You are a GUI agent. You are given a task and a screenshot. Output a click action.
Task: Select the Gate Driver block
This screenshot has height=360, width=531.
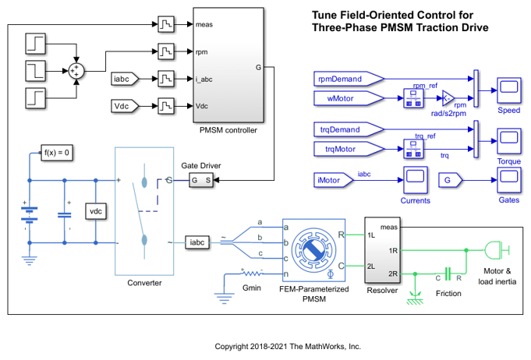click(202, 181)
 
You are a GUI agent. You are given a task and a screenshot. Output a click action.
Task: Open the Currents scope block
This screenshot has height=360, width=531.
click(413, 181)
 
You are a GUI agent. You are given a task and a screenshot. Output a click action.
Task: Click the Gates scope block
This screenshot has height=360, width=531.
click(509, 181)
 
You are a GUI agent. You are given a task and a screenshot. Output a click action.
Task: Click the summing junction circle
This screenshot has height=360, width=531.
click(76, 69)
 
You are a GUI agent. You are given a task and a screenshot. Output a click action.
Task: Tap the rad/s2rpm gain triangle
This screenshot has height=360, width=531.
click(448, 97)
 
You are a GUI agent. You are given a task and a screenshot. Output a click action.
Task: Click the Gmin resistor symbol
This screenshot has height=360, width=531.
click(251, 274)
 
